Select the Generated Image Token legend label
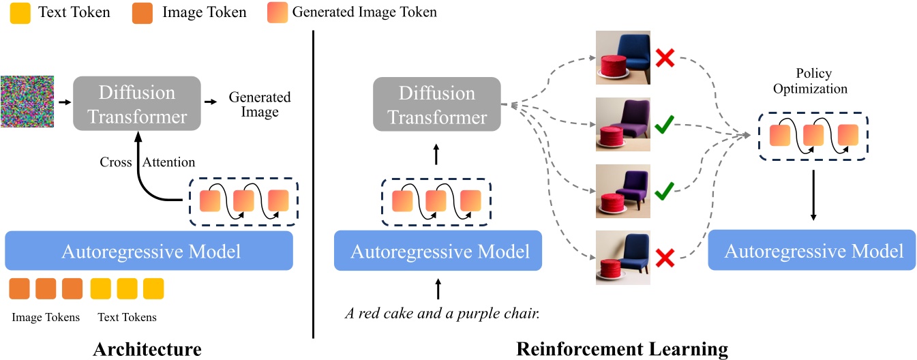pos(364,12)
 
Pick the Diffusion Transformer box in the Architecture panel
pos(137,104)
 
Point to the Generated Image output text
pos(259,104)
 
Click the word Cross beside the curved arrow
pos(115,162)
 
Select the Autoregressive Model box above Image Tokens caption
pos(150,252)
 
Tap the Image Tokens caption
pos(46,317)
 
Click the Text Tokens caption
pos(127,317)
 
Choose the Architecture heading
pos(147,350)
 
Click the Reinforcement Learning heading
pos(622,350)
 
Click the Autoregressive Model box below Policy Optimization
pos(813,252)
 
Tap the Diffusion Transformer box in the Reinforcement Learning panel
pos(437,104)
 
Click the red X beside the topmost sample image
pos(665,59)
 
